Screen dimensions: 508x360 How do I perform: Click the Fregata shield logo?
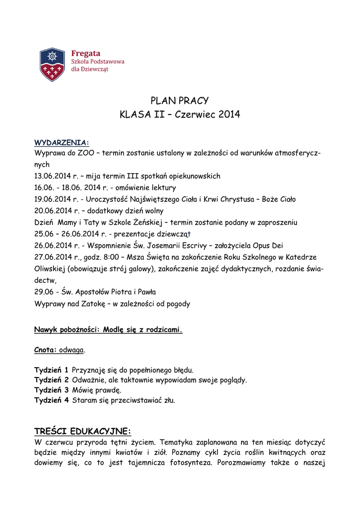(52, 64)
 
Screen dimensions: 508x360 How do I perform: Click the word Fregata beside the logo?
(86, 53)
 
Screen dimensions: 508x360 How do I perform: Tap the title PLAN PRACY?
(179, 101)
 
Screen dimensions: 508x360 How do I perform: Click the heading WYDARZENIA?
(62, 143)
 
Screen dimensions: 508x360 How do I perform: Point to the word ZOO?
(86, 153)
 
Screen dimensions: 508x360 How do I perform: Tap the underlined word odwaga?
(72, 350)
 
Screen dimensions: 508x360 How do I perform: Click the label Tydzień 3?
(51, 390)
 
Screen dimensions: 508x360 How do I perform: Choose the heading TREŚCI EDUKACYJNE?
(82, 430)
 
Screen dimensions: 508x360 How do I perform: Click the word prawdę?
(108, 390)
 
